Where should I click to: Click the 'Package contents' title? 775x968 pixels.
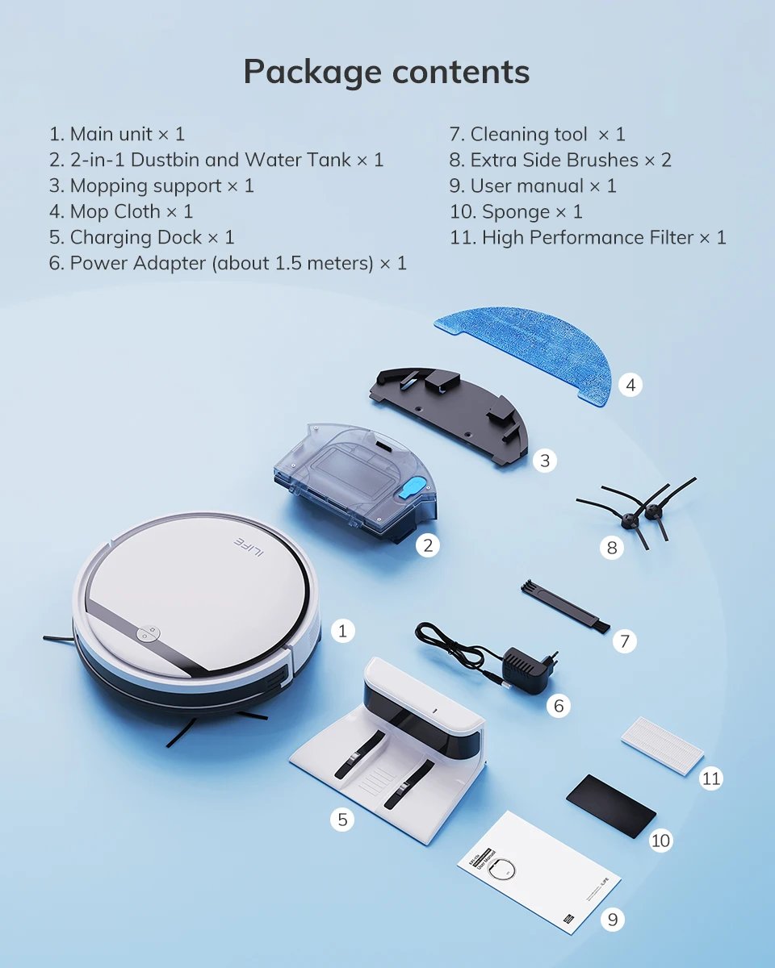point(387,72)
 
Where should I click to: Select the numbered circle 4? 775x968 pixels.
point(630,385)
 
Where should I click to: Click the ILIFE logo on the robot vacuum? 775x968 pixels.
point(248,542)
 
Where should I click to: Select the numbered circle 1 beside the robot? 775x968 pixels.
point(342,630)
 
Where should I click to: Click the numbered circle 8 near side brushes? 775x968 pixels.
point(611,549)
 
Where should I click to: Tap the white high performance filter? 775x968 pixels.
point(662,747)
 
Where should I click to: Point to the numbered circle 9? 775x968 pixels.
point(613,919)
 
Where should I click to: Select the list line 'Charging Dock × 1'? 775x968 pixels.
point(142,237)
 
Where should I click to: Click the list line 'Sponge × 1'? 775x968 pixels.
point(516,211)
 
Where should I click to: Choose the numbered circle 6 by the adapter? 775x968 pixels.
point(558,706)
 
